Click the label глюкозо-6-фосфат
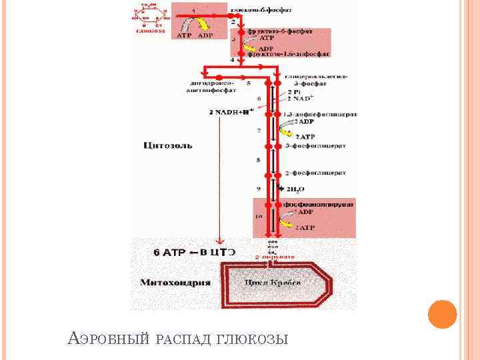(261, 11)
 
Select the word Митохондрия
(175, 282)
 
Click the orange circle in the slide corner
(442, 315)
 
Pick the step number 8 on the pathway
(258, 161)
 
